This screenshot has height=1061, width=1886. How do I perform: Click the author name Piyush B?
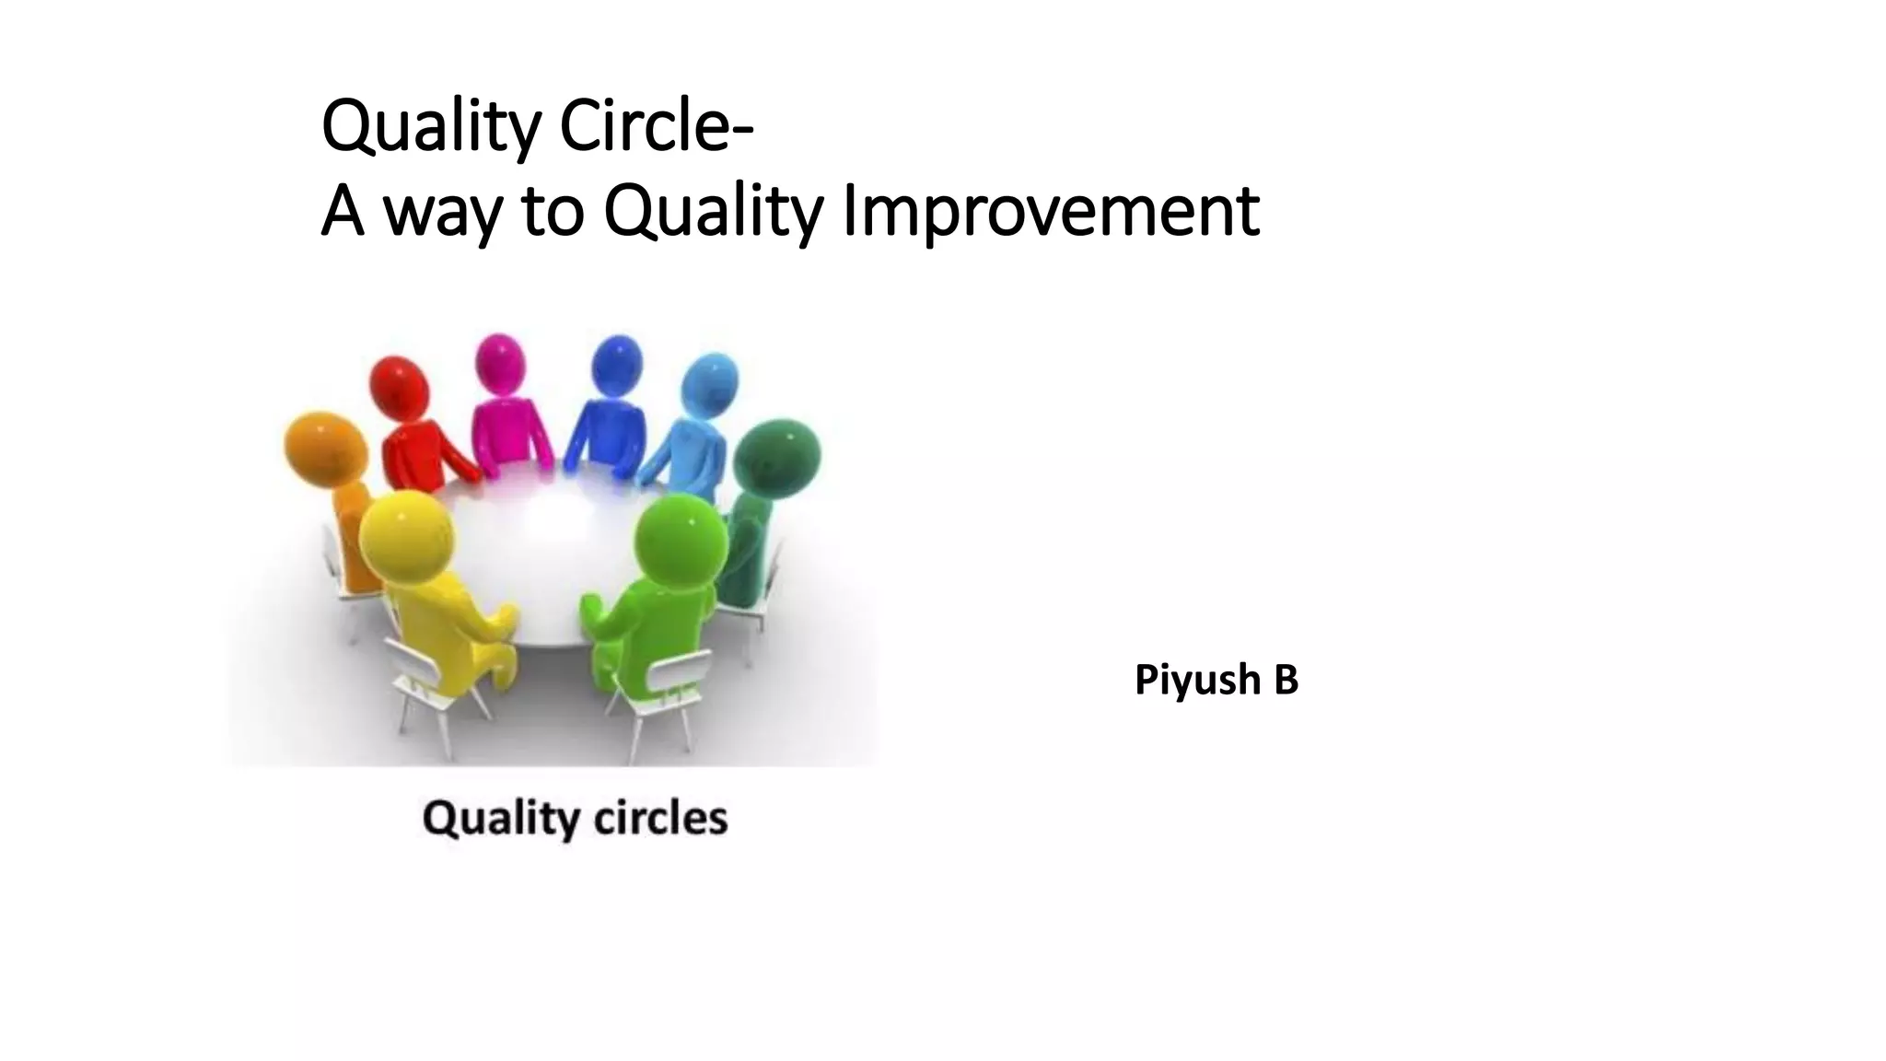tap(1216, 680)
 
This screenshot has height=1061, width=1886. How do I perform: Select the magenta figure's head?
tap(500, 364)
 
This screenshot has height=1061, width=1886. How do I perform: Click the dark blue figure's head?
tap(616, 366)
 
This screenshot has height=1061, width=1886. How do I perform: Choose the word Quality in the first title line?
tap(430, 128)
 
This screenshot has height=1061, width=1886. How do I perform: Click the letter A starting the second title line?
tap(342, 211)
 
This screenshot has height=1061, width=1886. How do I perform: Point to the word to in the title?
tap(553, 211)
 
